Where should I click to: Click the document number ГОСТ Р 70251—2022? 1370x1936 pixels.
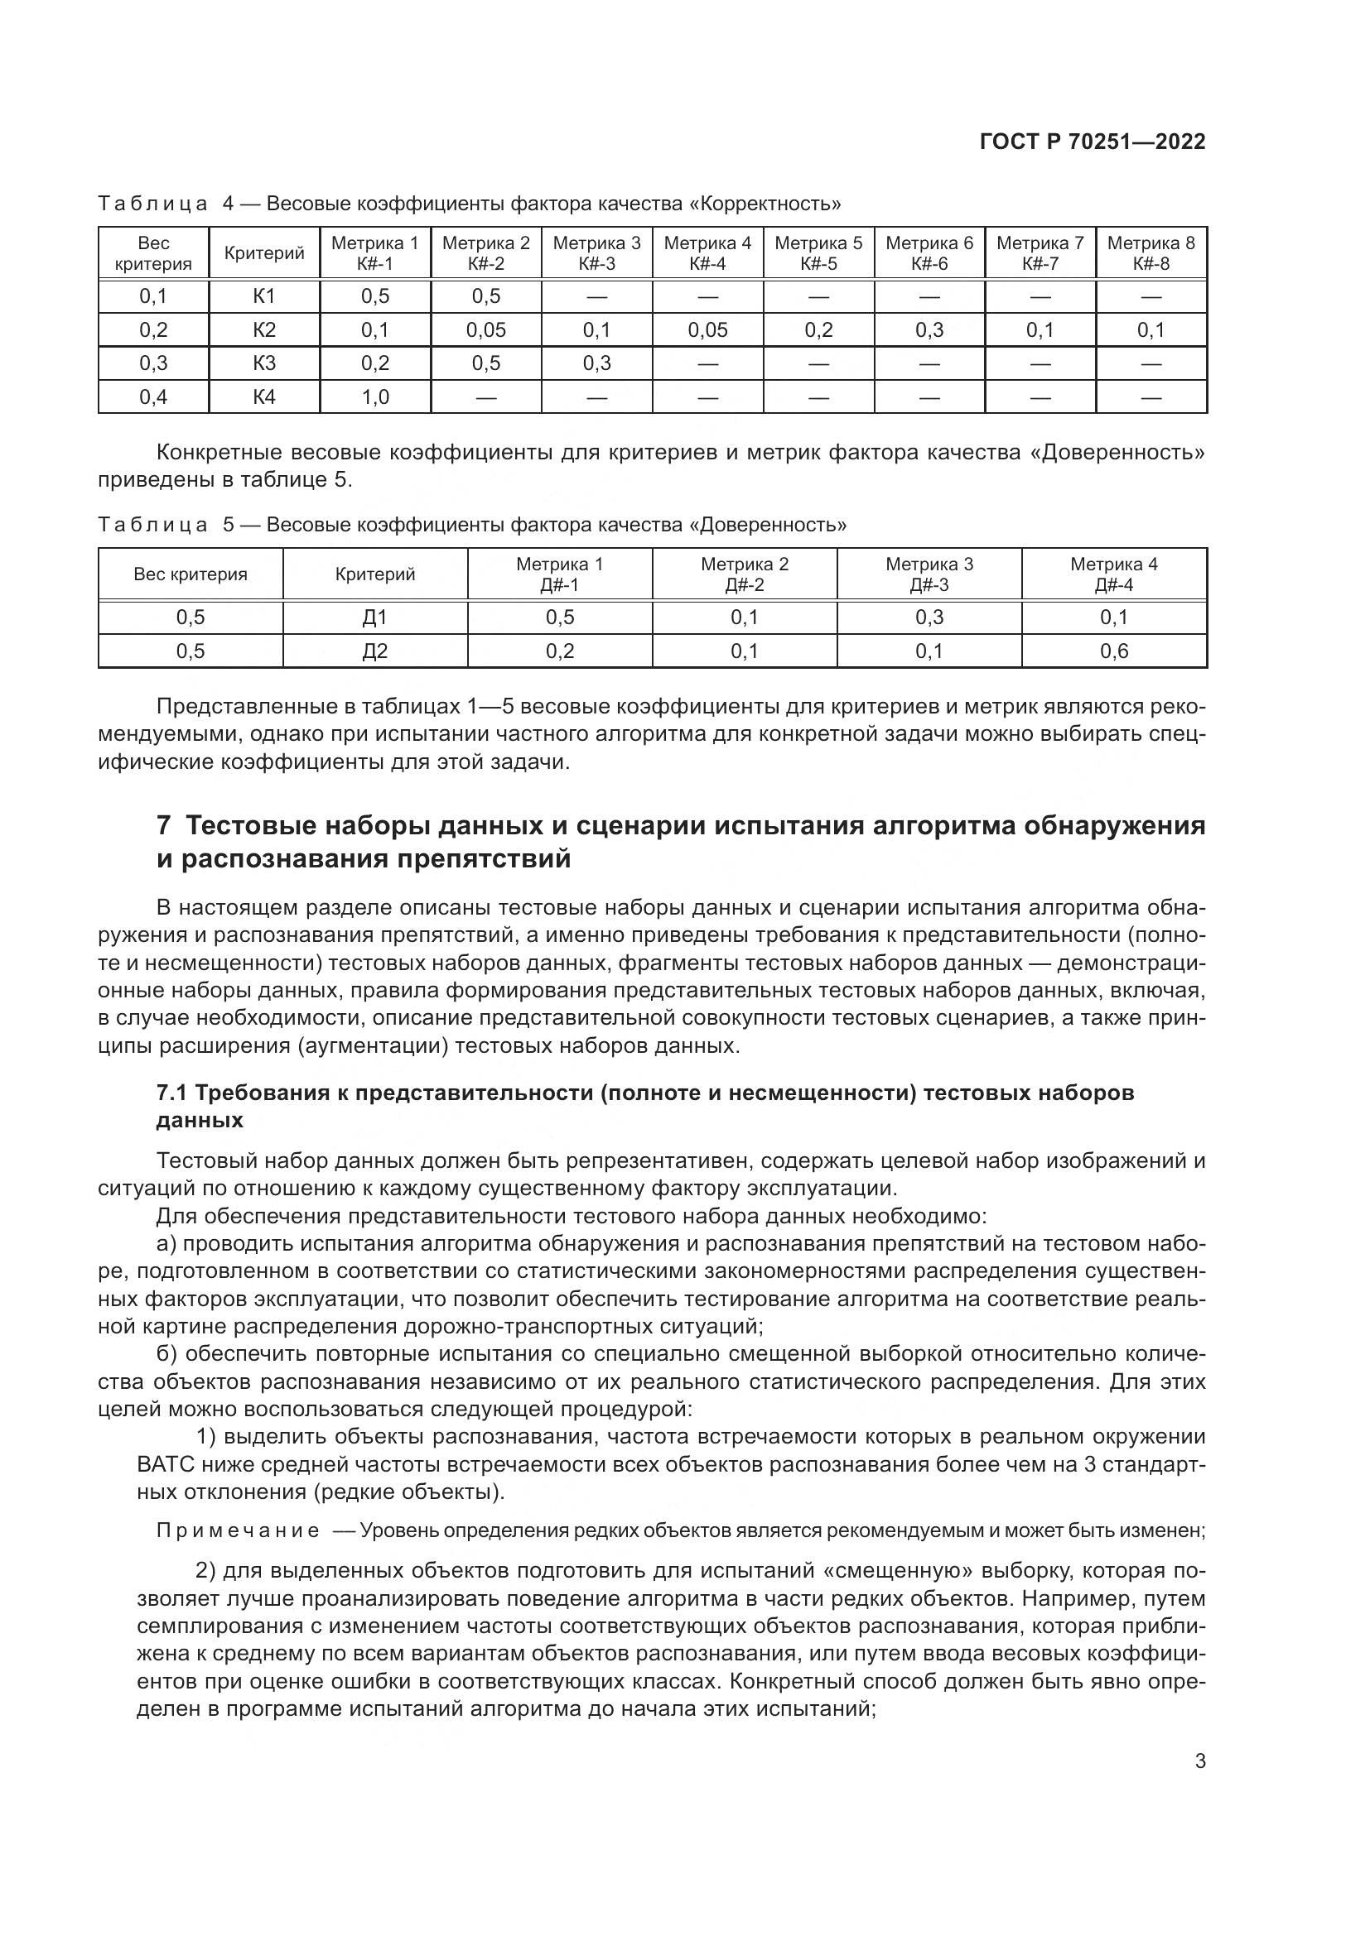point(1093,142)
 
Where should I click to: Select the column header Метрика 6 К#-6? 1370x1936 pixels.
point(929,253)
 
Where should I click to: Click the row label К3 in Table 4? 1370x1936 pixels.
point(264,363)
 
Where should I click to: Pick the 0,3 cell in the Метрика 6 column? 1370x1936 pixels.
point(929,330)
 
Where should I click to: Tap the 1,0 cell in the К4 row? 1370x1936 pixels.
point(375,397)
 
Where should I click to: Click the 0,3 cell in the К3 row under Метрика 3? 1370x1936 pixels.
point(596,363)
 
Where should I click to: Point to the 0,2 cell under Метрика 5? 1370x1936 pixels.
point(818,330)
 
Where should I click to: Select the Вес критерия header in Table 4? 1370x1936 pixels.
point(153,253)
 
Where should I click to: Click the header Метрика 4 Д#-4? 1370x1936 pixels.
point(1113,574)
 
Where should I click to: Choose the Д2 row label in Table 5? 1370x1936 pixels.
point(374,651)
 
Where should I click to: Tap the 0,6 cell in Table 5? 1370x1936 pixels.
point(1113,651)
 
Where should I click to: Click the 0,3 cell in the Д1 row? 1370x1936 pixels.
point(929,617)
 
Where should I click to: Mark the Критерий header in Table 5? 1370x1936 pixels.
point(374,574)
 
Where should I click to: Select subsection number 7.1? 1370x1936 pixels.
point(171,1093)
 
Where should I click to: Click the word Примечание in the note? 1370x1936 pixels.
point(238,1531)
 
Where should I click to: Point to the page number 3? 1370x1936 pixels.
point(1199,1761)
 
